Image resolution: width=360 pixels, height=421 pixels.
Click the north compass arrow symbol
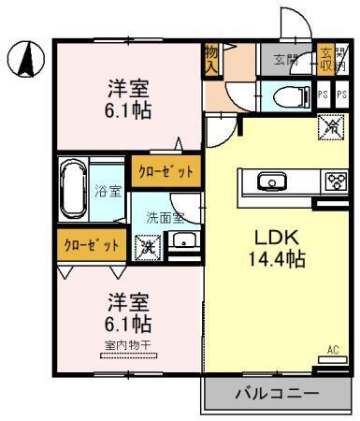28,61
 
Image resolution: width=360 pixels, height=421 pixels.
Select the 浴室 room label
108,192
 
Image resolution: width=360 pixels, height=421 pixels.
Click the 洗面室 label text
164,217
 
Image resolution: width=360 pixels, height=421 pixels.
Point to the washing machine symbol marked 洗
148,248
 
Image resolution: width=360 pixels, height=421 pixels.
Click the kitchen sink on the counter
271,181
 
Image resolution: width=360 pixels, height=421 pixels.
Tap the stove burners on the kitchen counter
334,181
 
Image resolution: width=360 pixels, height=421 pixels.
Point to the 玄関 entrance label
285,59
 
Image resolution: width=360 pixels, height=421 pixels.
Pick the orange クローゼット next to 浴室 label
166,170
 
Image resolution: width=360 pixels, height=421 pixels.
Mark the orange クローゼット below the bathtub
91,245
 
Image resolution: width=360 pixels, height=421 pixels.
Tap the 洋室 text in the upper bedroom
128,90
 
